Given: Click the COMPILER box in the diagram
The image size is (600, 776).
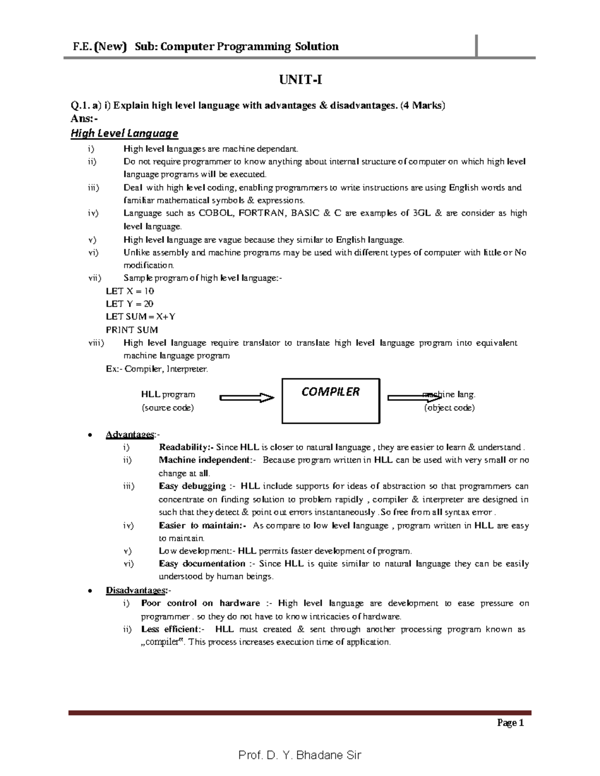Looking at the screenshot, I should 331,400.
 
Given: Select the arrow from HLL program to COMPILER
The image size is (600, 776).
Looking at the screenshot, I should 247,398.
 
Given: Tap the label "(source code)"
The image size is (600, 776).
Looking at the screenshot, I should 167,407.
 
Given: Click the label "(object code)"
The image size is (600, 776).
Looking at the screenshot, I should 449,407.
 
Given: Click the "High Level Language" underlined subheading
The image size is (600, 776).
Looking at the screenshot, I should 124,133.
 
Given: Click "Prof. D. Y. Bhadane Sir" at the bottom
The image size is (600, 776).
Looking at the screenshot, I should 299,755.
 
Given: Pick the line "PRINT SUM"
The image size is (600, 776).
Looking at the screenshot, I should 131,330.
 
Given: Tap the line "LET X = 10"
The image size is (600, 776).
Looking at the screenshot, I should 130,291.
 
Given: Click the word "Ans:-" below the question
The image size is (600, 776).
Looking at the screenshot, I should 81,119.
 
